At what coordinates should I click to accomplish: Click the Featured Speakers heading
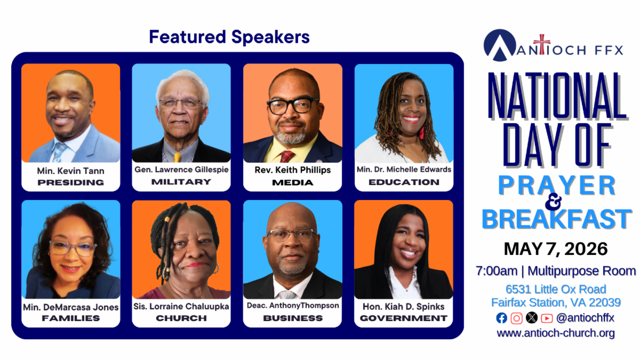229,37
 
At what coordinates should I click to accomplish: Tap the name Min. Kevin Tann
70,171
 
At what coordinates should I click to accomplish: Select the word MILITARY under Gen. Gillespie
181,182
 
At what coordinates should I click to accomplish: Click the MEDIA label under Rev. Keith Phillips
293,182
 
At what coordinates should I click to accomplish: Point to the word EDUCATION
404,182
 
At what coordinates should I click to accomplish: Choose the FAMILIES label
71,318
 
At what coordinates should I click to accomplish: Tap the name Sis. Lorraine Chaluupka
181,306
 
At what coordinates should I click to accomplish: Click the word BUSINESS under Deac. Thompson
293,318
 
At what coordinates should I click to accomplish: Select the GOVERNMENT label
403,318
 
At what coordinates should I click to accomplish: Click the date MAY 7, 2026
555,249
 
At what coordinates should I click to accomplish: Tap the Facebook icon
501,318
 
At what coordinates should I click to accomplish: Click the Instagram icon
516,318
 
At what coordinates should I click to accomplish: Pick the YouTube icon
547,318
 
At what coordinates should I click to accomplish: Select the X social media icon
531,318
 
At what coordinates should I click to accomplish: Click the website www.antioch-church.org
556,333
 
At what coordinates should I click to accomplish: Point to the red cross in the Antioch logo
541,44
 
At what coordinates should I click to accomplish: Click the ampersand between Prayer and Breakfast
554,202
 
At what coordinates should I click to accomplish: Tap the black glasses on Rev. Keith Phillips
293,106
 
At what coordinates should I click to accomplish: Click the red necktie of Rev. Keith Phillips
287,157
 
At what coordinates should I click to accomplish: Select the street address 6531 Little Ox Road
556,289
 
